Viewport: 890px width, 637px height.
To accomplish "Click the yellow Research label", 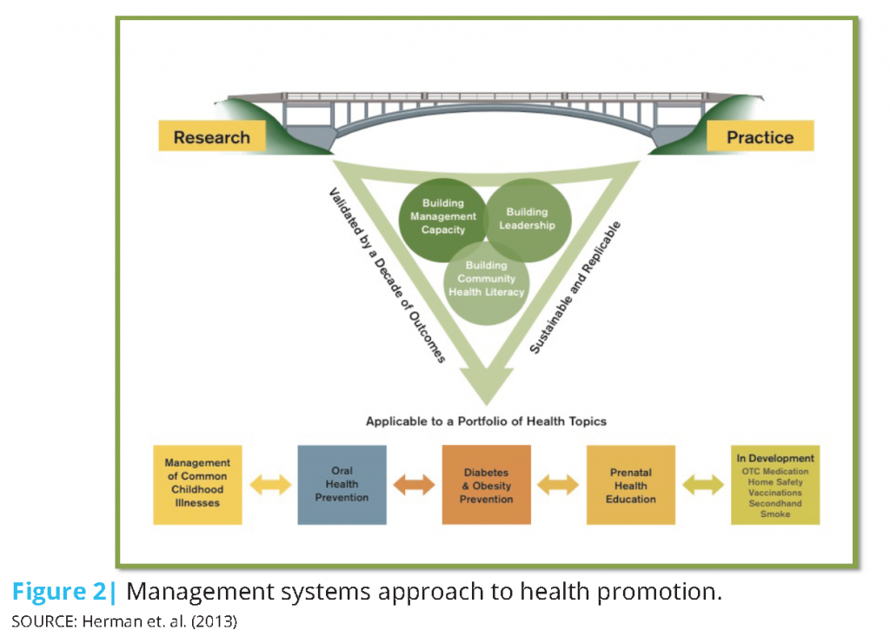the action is click(212, 136).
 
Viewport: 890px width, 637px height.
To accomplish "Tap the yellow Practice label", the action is click(760, 136).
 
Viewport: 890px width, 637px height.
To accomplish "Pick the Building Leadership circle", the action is click(528, 220).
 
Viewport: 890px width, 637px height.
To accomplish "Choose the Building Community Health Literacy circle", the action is click(487, 282).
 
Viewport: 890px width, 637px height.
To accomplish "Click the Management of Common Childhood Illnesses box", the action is click(197, 484).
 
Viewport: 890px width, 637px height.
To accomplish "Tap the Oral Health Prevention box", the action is click(342, 484).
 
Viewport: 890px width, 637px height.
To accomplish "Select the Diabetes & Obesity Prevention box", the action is click(487, 484).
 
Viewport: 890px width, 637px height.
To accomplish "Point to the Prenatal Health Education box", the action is click(631, 484).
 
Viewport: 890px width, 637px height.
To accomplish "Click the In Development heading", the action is click(775, 458).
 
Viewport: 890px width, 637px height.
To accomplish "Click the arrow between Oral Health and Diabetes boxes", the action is click(415, 485).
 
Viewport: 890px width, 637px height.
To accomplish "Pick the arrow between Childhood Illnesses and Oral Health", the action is click(270, 485).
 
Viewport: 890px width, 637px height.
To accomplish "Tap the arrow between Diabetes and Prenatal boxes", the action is click(559, 485).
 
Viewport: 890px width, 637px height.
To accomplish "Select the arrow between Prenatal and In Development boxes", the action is click(703, 485).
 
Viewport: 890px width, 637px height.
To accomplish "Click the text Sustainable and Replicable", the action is click(575, 288).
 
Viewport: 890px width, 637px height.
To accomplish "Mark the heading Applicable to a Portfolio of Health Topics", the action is click(486, 421).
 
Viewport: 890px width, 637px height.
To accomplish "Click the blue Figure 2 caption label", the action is click(64, 592).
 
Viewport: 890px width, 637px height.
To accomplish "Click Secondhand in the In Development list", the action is click(775, 503).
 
